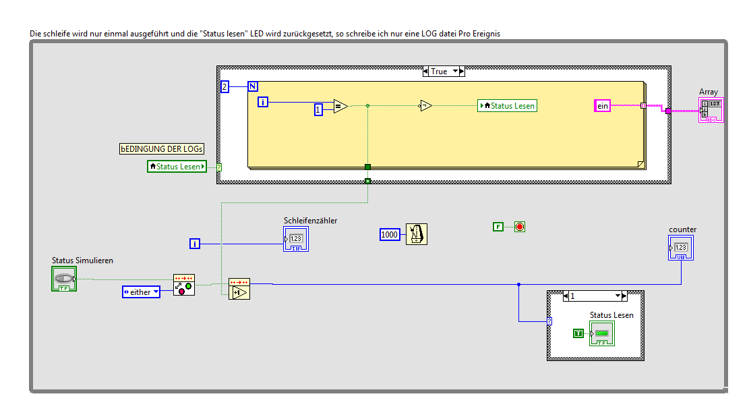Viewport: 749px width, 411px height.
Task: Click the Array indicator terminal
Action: point(711,110)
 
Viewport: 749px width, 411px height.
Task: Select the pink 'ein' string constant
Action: point(602,105)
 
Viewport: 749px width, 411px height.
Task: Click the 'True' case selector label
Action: point(439,72)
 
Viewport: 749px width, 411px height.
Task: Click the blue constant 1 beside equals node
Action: point(319,109)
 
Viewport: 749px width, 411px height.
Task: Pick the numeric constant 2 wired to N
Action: point(225,86)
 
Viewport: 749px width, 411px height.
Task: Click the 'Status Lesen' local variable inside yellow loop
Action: point(507,105)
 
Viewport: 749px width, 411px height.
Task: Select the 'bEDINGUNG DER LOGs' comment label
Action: point(162,148)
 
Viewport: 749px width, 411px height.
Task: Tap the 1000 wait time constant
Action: point(390,234)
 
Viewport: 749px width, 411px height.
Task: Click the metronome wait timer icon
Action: point(417,234)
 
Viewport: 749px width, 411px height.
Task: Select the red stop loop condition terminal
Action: point(519,227)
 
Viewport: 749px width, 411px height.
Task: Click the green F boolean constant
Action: point(498,227)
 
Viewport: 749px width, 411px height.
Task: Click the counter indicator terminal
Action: point(682,248)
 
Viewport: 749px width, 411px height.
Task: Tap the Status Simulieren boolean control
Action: point(64,279)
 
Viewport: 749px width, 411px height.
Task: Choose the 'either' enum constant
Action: point(141,292)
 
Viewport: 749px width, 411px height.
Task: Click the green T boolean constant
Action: point(578,333)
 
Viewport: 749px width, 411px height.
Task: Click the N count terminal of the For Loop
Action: point(253,86)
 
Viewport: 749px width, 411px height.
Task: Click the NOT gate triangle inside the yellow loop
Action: point(425,105)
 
